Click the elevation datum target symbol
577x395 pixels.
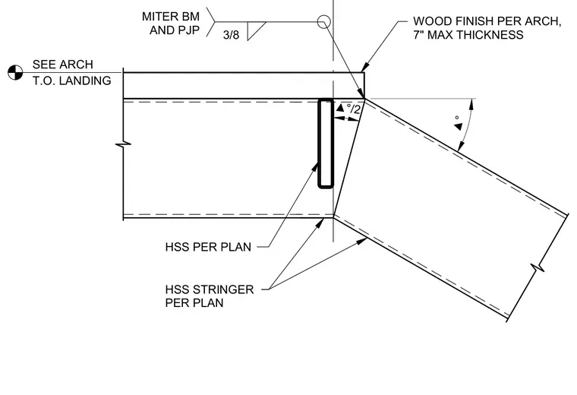pyautogui.click(x=15, y=72)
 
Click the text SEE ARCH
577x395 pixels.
pyautogui.click(x=62, y=65)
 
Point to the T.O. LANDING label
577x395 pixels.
pyautogui.click(x=72, y=81)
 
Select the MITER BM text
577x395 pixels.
pyautogui.click(x=171, y=17)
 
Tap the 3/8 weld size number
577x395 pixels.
pyautogui.click(x=231, y=35)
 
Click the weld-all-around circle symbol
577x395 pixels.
pyautogui.click(x=324, y=22)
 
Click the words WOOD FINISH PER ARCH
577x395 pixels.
pyautogui.click(x=487, y=21)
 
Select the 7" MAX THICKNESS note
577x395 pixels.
pyautogui.click(x=468, y=35)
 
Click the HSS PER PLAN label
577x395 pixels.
pyautogui.click(x=208, y=247)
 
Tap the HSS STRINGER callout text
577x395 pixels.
pyautogui.click(x=210, y=289)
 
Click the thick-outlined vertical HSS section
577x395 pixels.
pyautogui.click(x=326, y=144)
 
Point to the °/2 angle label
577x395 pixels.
pyautogui.click(x=353, y=109)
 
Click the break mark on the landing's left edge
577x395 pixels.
pyautogui.click(x=123, y=144)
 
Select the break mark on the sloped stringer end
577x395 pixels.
pyautogui.click(x=538, y=267)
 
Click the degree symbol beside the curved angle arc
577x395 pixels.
pyautogui.click(x=457, y=118)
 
